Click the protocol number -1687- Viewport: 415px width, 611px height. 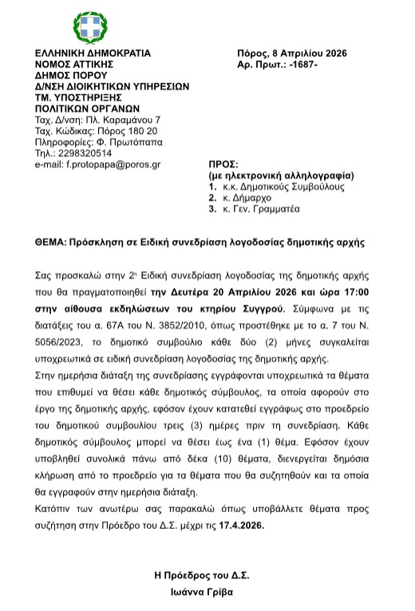pyautogui.click(x=301, y=64)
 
